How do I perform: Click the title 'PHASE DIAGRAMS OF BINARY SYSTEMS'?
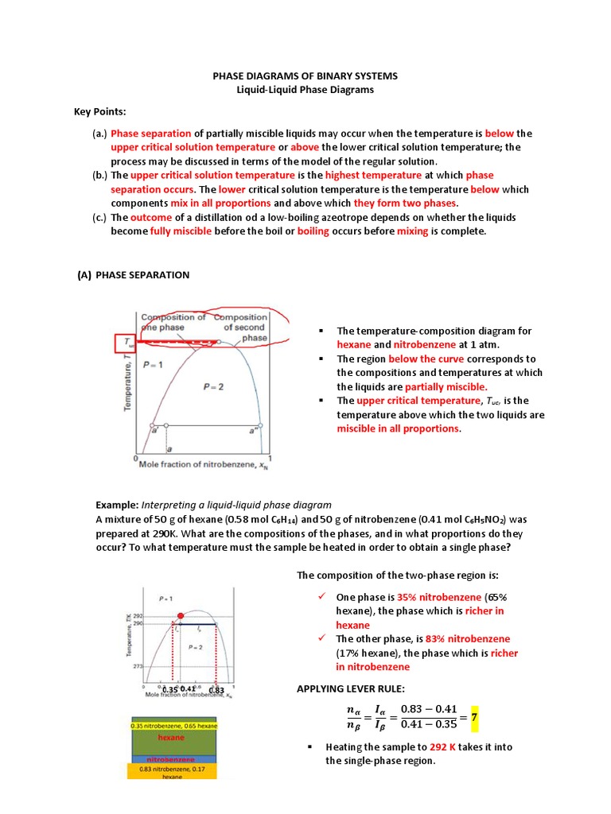pos(305,76)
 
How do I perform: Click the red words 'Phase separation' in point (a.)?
pos(151,134)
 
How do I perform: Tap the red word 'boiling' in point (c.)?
pos(313,231)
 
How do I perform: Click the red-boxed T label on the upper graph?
pos(125,343)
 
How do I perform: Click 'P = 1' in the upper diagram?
pos(153,365)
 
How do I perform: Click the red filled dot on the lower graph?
pos(181,616)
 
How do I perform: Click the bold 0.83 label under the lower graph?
pos(216,689)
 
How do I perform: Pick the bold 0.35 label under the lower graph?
pos(169,689)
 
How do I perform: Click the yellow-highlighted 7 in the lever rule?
pos(473,717)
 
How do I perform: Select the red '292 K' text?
pos(446,747)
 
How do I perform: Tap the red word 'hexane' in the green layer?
pos(170,738)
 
